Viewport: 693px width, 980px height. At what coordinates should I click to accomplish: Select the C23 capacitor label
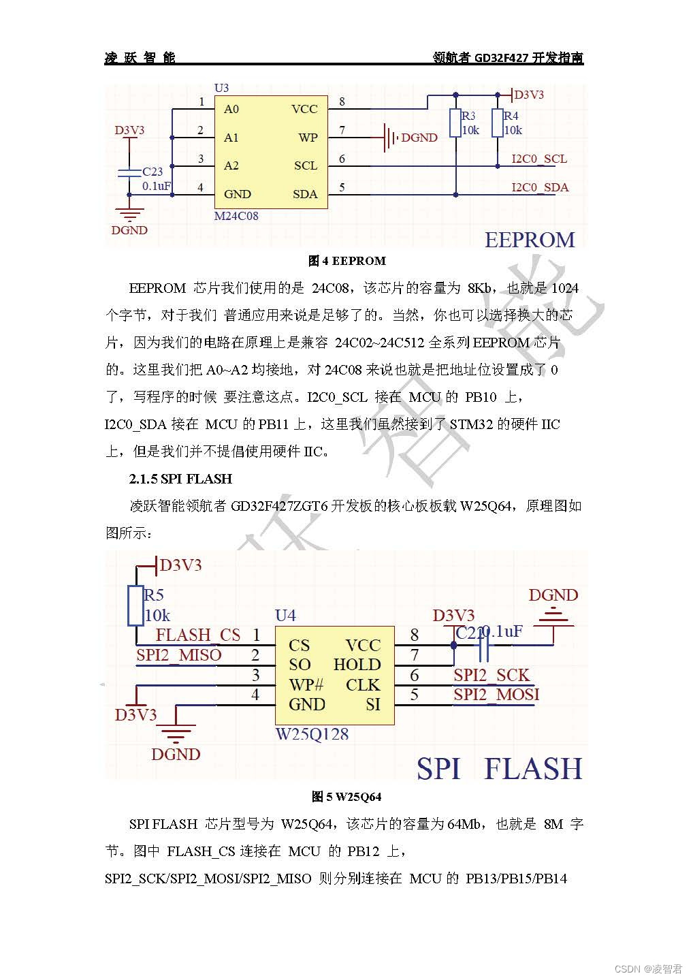point(152,172)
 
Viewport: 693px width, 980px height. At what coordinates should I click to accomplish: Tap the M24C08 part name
point(236,216)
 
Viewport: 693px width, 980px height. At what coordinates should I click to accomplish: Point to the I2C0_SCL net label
point(539,159)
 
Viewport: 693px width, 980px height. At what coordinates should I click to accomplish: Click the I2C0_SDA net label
point(540,187)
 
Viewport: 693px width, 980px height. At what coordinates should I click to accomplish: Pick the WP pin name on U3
point(308,138)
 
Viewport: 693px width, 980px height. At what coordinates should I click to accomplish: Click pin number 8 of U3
point(342,102)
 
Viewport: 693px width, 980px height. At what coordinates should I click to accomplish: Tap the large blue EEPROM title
point(530,240)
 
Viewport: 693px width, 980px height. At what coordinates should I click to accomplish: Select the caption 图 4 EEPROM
point(347,261)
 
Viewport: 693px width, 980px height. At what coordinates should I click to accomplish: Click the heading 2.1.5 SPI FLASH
point(180,479)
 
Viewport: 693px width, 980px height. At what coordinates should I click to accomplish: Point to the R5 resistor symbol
point(136,605)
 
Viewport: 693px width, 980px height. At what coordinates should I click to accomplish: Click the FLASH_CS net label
point(198,635)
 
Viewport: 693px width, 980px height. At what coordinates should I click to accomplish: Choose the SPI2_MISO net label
point(179,655)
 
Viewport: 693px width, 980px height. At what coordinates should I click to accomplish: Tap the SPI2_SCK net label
point(491,675)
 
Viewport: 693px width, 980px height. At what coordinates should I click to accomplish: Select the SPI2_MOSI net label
point(496,695)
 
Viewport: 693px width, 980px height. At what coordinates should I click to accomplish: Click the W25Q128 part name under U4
point(312,734)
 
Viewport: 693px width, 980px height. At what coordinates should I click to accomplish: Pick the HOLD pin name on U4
point(357,665)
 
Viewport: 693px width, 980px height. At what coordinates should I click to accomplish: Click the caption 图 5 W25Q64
point(346,796)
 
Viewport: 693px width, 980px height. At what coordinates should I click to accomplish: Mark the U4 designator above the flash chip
point(285,616)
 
